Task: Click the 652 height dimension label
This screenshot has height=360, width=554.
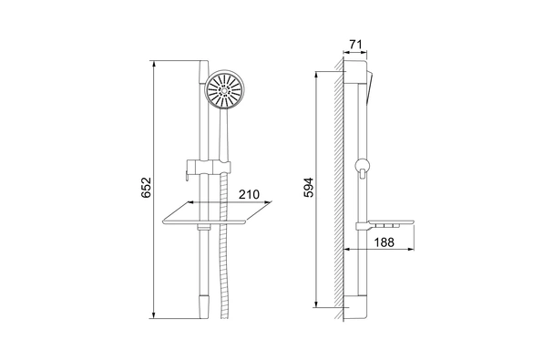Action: [146, 188]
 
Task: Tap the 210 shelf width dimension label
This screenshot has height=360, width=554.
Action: [249, 194]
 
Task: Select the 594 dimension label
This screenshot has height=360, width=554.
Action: [308, 188]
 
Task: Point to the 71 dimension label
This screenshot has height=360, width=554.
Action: [355, 45]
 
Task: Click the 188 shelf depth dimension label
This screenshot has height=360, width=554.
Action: [384, 242]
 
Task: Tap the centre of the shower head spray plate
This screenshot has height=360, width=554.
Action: [224, 89]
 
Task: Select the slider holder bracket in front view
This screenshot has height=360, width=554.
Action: [209, 167]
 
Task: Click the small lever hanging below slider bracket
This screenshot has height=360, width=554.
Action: [185, 177]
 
